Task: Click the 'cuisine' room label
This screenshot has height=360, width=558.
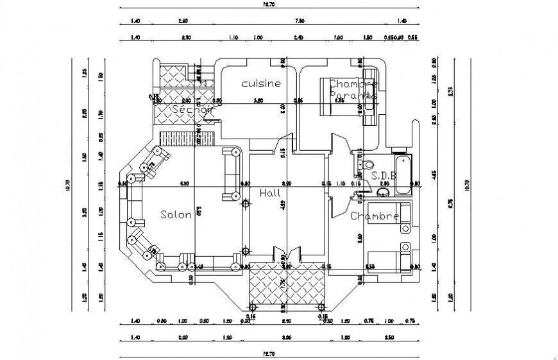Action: click(260, 83)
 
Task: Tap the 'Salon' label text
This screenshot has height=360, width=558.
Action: click(176, 215)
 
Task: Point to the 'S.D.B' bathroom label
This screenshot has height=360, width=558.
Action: click(383, 175)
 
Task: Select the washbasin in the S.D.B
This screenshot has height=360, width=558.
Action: click(383, 192)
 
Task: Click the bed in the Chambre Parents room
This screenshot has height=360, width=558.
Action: click(346, 96)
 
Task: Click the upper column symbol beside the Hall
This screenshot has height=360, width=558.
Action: click(245, 204)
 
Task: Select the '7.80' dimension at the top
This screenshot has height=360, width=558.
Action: click(299, 21)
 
